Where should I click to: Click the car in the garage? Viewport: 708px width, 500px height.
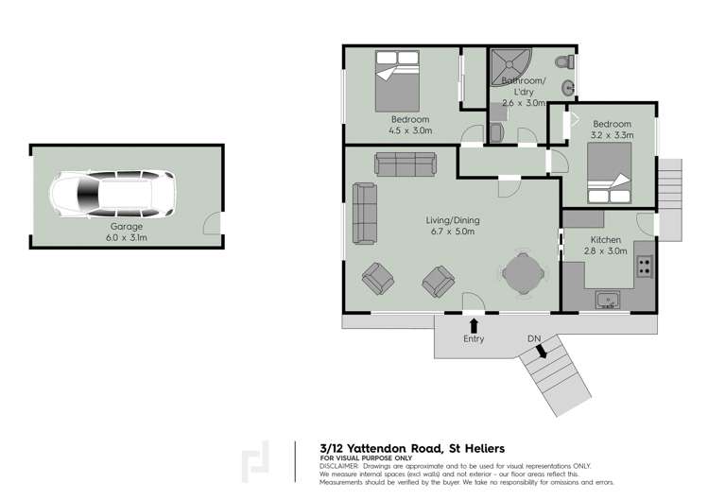(112, 195)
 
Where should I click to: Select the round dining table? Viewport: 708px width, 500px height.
(522, 275)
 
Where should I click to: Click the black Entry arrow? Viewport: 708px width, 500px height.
(474, 324)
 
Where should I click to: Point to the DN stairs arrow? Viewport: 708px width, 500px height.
(540, 352)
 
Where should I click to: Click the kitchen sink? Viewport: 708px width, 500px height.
(608, 302)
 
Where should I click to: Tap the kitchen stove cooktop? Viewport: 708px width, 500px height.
(645, 266)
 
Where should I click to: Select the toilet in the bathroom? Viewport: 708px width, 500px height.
(565, 63)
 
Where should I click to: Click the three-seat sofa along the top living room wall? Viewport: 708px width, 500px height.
(405, 164)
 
